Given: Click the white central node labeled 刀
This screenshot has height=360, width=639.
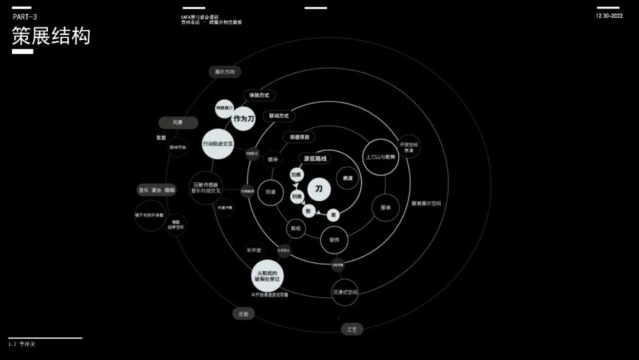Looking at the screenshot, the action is pyautogui.click(x=318, y=189).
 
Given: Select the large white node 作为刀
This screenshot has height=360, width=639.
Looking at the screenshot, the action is pyautogui.click(x=243, y=118).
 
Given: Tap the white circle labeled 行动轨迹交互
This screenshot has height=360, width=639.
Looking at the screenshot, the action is pyautogui.click(x=218, y=144).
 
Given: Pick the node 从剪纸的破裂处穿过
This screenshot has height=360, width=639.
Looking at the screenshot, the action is pyautogui.click(x=268, y=275).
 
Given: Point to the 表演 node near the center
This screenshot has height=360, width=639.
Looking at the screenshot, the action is pyautogui.click(x=348, y=178).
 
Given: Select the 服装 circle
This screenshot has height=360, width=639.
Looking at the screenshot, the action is pyautogui.click(x=386, y=208).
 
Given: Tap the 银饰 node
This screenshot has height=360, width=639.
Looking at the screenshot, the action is pyautogui.click(x=334, y=240).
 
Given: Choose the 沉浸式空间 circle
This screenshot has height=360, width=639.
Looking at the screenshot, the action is pyautogui.click(x=344, y=292).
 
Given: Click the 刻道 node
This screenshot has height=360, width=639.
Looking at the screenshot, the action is pyautogui.click(x=271, y=192).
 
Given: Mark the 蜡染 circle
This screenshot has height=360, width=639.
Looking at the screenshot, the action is pyautogui.click(x=272, y=159).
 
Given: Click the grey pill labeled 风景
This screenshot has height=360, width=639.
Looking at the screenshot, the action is pyautogui.click(x=177, y=123).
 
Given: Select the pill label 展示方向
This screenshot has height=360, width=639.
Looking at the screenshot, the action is pyautogui.click(x=225, y=72).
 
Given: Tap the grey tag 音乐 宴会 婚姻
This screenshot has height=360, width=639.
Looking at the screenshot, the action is pyautogui.click(x=157, y=190).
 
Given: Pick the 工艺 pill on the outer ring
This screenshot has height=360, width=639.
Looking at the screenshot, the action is pyautogui.click(x=351, y=329).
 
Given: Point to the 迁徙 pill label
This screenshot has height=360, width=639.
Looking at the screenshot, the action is pyautogui.click(x=243, y=314).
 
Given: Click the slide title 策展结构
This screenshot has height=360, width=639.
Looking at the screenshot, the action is pyautogui.click(x=51, y=36).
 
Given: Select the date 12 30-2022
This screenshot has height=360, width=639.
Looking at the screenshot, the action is pyautogui.click(x=609, y=16).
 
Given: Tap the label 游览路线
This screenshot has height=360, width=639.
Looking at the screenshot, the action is pyautogui.click(x=315, y=159).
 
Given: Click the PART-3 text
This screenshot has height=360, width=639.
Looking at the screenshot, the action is pyautogui.click(x=25, y=17).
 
